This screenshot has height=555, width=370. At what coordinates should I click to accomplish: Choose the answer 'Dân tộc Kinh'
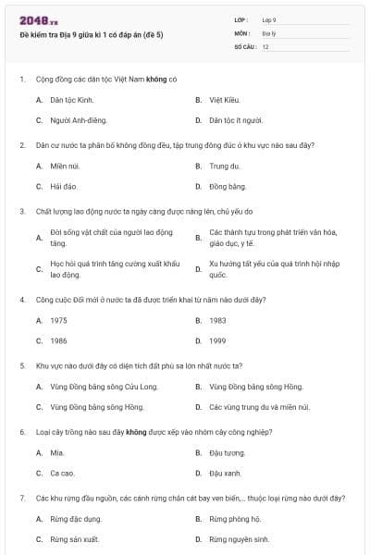[x=72, y=99]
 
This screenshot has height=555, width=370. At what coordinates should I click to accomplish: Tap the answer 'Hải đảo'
[x=64, y=186]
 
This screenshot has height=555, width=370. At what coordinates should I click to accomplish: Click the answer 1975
[x=58, y=320]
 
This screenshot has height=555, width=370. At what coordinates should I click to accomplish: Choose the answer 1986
[x=58, y=340]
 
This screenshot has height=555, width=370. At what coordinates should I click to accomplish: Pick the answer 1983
[x=217, y=320]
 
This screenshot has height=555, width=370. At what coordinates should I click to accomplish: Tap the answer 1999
[x=217, y=340]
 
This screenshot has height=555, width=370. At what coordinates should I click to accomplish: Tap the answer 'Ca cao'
[x=62, y=473]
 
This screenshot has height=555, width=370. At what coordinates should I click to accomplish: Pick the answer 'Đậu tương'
[x=227, y=452]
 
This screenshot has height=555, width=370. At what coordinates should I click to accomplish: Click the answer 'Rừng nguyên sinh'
[x=239, y=539]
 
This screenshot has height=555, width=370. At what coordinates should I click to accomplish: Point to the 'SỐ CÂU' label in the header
[x=243, y=45]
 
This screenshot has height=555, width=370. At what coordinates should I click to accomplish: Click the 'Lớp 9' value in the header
[x=269, y=19]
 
